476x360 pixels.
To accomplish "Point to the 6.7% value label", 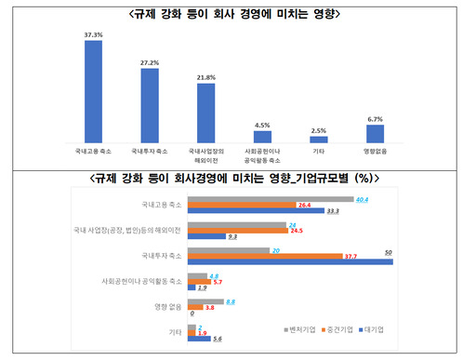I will coord(375,118).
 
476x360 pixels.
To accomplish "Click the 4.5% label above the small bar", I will coord(262,125).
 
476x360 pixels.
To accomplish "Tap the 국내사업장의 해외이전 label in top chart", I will coord(205,153).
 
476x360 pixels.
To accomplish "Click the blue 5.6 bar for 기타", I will coord(200,340).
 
